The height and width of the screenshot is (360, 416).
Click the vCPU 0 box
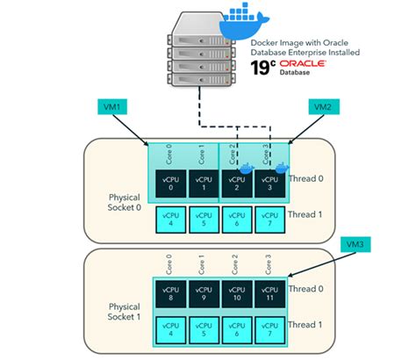(170, 183)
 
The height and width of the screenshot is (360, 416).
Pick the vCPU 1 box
(203, 183)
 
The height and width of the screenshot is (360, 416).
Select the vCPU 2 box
(236, 183)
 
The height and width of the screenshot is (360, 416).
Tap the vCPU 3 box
(269, 183)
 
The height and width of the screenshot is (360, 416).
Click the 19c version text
(262, 68)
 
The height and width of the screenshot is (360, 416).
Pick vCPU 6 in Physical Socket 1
(236, 328)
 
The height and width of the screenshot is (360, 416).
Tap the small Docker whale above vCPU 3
(282, 167)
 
